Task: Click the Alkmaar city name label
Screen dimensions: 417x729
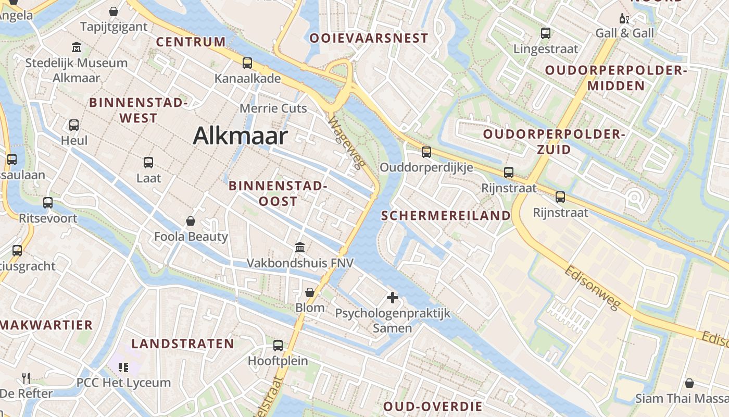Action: pos(240,136)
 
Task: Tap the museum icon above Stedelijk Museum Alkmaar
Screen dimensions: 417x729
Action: pos(77,47)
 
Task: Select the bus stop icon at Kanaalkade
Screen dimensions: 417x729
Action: pos(247,63)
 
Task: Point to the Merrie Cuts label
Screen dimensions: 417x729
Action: pos(273,108)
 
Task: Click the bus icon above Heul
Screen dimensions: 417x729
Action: pos(74,125)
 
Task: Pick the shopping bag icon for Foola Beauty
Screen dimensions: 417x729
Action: pos(191,221)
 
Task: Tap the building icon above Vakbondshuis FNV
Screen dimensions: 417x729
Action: pos(299,247)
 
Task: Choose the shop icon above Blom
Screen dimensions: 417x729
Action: pos(310,292)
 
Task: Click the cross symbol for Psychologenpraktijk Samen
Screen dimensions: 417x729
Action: pos(393,298)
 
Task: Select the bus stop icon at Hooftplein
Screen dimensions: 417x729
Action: pos(278,345)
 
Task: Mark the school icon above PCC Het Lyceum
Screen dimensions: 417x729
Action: pos(123,367)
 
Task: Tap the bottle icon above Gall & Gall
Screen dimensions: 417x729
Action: pos(624,18)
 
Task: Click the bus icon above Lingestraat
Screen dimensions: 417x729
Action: pos(546,33)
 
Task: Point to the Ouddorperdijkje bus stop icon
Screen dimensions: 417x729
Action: pos(426,152)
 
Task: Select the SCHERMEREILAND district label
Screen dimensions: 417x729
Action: pos(446,216)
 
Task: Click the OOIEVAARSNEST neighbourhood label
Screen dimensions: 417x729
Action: pos(369,38)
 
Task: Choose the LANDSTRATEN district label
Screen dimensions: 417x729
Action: pos(183,344)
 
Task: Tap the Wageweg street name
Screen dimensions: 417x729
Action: pos(346,142)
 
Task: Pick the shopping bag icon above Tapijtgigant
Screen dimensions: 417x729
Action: pos(114,11)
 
